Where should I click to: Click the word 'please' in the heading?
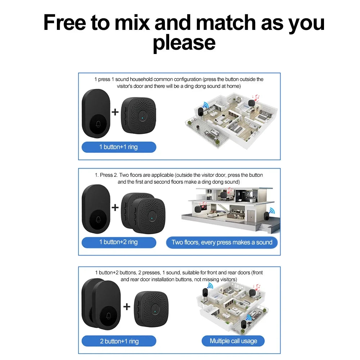click(x=184, y=43)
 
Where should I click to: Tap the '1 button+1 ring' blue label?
click(x=119, y=147)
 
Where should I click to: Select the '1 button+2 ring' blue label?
click(x=119, y=242)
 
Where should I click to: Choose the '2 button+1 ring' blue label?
click(x=119, y=341)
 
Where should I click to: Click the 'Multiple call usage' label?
click(x=233, y=341)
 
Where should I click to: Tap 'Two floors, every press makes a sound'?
click(x=222, y=242)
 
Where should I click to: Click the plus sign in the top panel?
click(x=115, y=112)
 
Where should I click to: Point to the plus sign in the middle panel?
click(x=115, y=208)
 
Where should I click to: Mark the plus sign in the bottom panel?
click(x=127, y=306)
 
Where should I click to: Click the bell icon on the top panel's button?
click(x=98, y=125)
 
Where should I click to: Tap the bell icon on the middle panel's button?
click(x=98, y=220)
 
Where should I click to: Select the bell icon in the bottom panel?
click(x=109, y=316)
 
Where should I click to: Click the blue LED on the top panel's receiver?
click(x=143, y=118)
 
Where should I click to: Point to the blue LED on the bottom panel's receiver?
click(x=155, y=311)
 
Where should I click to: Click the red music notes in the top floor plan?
click(x=256, y=98)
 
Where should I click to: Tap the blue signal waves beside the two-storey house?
click(x=272, y=211)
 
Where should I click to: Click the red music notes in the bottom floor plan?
click(x=257, y=287)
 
